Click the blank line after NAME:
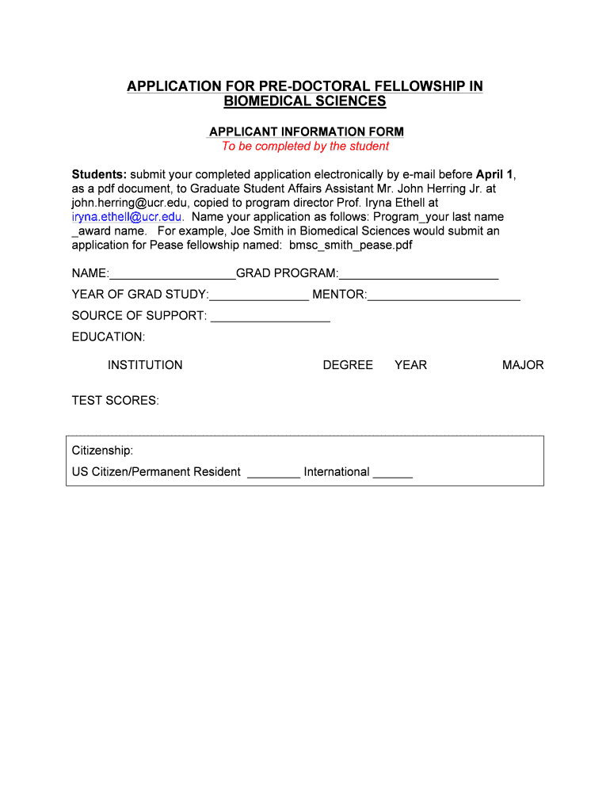pos(173,275)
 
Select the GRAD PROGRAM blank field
pos(418,275)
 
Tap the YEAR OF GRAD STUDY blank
pos(259,296)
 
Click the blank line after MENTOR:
pos(444,296)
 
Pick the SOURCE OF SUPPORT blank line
pos(270,317)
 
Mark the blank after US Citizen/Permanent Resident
pos(273,473)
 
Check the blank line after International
pos(392,473)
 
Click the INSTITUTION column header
pos(145,365)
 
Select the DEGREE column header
pos(348,365)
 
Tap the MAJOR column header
pos(523,365)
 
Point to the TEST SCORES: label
pos(116,401)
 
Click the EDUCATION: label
pos(109,337)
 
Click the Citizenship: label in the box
pos(103,451)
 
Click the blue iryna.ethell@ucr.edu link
pos(128,217)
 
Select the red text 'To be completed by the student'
pos(305,147)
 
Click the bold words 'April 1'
pos(495,174)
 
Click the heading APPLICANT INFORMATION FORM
pos(306,131)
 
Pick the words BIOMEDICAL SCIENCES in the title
pos(305,101)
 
